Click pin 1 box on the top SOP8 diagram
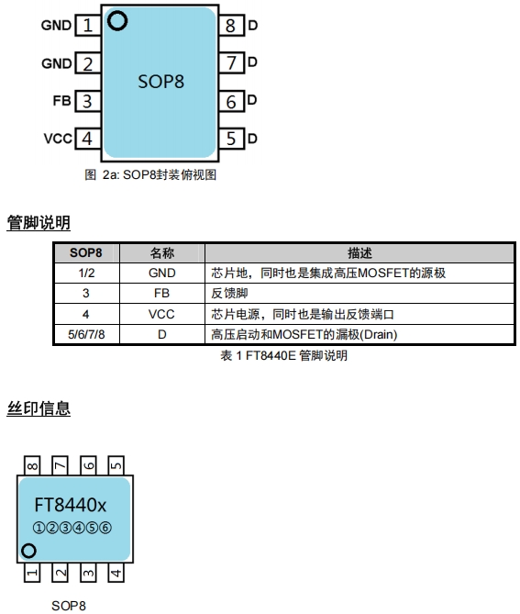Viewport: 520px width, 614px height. coord(88,26)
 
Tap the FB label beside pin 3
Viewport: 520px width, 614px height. coord(61,101)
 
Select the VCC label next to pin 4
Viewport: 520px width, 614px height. coord(58,139)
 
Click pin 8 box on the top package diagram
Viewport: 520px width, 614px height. coord(232,26)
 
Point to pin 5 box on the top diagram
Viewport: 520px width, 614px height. coord(232,139)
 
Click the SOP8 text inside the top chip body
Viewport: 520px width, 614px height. coord(160,82)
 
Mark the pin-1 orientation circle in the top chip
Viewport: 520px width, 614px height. coord(117,21)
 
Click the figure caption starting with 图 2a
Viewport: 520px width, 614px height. coord(150,174)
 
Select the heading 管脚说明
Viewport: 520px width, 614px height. coord(39,222)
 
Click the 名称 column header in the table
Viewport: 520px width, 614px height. coord(162,253)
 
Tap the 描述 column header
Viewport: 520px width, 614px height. coord(360,253)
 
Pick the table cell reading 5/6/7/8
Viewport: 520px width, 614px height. coord(86,334)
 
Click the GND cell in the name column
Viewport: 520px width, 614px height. coord(162,273)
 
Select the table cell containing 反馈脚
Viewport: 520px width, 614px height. coord(360,294)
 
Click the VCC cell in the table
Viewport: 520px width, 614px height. coord(162,314)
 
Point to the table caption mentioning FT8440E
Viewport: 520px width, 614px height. coord(284,355)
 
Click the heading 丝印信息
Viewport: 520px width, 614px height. coord(39,408)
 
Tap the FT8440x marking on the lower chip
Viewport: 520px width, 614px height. coord(71,505)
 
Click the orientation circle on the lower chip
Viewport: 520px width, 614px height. coord(28,551)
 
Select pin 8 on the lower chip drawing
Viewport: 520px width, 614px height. coord(32,465)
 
